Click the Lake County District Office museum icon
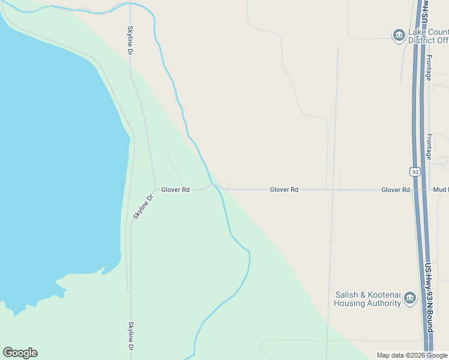399,35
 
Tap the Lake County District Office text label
428,36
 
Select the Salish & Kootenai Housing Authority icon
411,298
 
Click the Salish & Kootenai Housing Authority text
367,299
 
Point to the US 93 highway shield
415,172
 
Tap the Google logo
20,353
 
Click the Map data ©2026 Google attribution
412,355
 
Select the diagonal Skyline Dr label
143,206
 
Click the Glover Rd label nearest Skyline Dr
175,190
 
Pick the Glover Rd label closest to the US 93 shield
396,190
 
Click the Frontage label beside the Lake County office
429,67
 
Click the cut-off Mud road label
441,190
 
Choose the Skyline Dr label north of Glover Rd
130,41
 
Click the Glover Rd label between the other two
284,190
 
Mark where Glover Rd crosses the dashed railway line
333,190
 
